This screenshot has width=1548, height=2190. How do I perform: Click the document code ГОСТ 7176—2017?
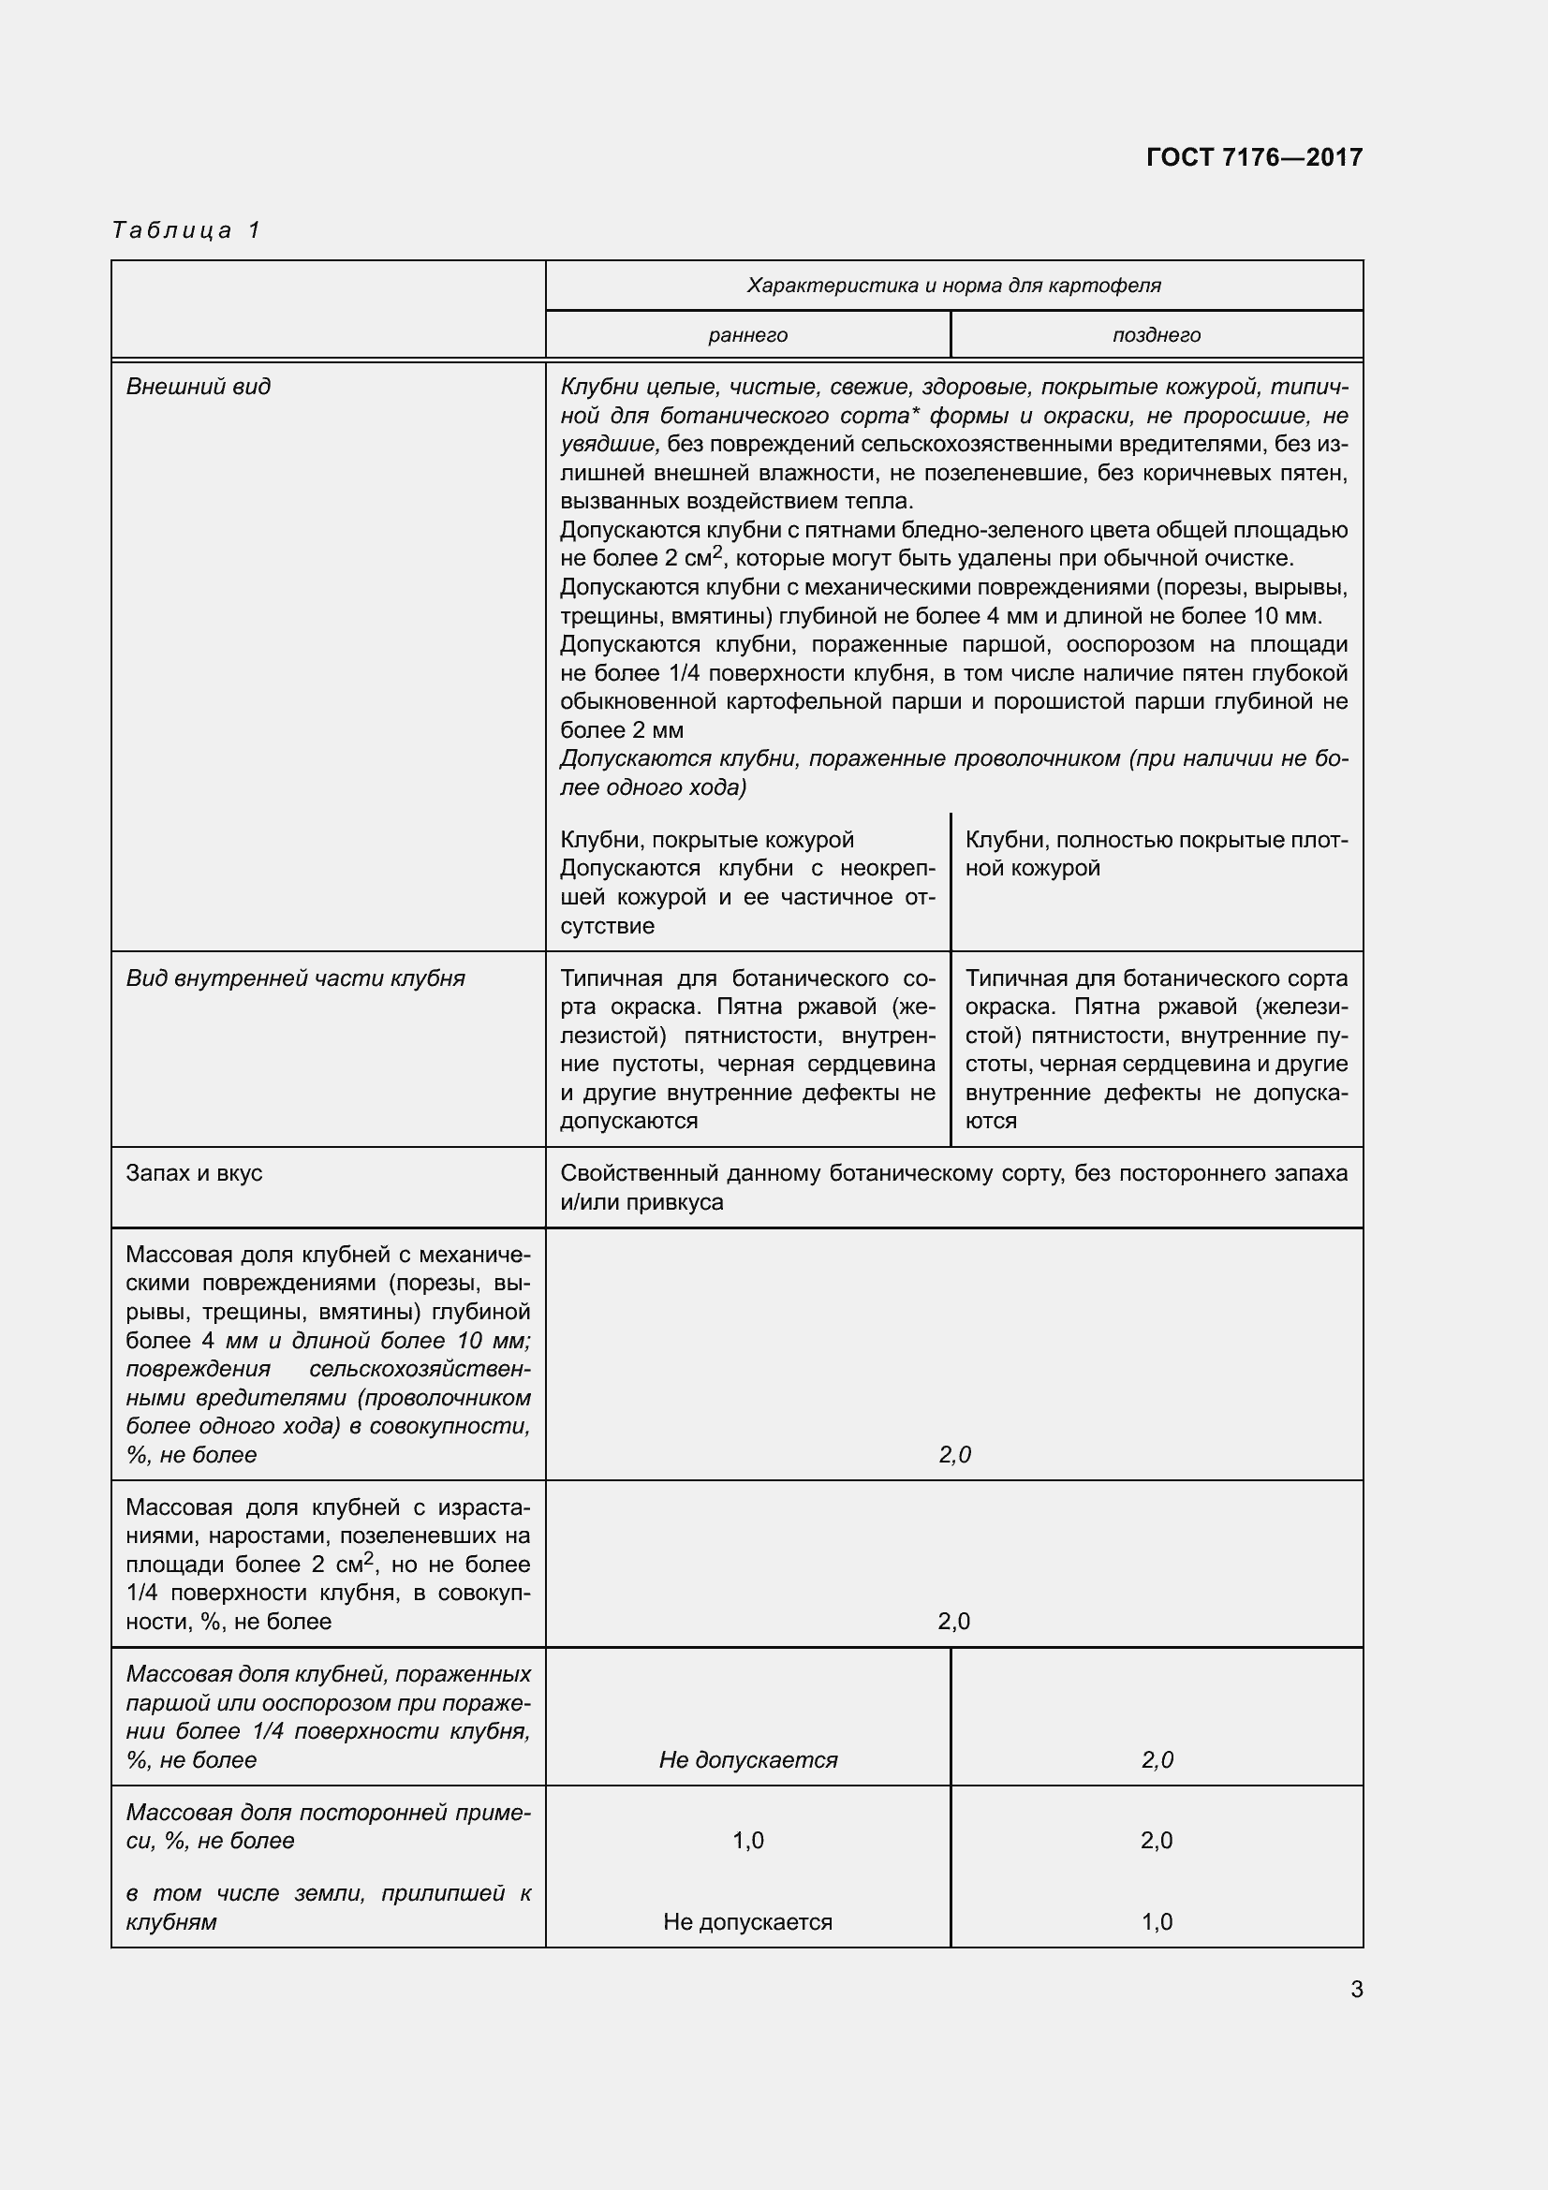tap(1253, 157)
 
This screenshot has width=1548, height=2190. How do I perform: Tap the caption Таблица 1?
tap(186, 230)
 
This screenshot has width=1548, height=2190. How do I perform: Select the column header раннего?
tap(747, 335)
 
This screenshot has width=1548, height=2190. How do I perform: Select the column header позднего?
tap(1156, 335)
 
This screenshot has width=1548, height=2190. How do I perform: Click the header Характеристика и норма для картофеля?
tap(953, 286)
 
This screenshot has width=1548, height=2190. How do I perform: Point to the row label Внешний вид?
tap(199, 387)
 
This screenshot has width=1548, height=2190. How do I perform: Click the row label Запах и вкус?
tap(194, 1173)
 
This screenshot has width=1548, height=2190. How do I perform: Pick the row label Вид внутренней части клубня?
tap(296, 977)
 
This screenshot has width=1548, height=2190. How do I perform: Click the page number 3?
tap(1356, 1990)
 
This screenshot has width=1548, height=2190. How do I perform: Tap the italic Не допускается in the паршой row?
tap(747, 1760)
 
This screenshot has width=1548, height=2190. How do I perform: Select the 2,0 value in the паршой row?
tap(1157, 1760)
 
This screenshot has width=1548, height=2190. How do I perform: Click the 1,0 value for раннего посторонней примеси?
tap(747, 1841)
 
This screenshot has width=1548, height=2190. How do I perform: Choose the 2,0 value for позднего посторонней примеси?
tap(1156, 1841)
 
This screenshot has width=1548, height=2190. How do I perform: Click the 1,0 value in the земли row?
tap(1156, 1922)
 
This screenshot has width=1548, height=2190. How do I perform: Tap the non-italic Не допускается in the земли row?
tap(747, 1922)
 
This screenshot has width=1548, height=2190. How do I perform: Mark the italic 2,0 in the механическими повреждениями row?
tap(953, 1455)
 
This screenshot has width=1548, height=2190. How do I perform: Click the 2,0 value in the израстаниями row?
tap(953, 1622)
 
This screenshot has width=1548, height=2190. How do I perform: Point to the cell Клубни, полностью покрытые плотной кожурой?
tap(1156, 854)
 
